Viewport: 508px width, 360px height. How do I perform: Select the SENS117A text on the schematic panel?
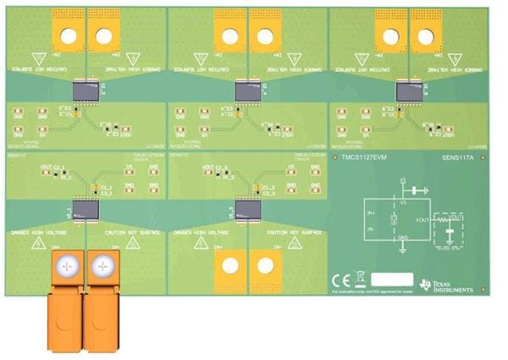point(459,158)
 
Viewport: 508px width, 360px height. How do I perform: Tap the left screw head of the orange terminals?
point(67,266)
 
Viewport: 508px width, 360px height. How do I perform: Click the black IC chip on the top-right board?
point(407,88)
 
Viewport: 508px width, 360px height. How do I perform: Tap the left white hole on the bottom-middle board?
point(229,265)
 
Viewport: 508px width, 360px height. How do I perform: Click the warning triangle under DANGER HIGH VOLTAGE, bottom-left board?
point(38,244)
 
